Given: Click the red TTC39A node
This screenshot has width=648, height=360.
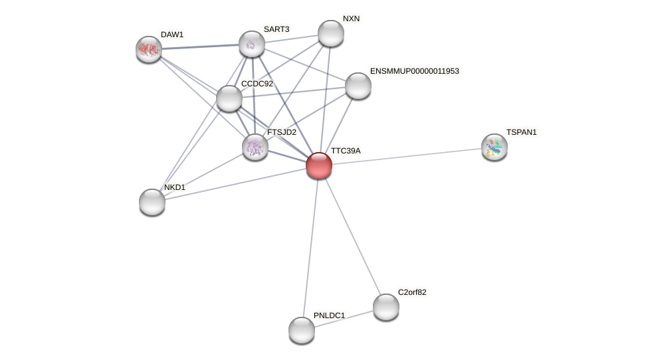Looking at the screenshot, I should pos(319,165).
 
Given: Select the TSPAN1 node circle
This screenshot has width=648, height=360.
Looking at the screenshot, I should pos(494,147).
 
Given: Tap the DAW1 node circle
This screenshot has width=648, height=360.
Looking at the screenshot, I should pos(149,48).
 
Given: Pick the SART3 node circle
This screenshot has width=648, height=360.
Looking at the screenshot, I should pos(252,44).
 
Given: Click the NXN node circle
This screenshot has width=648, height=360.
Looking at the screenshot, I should pos(330,33).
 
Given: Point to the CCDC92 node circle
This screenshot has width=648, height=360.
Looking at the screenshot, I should pos(229,98).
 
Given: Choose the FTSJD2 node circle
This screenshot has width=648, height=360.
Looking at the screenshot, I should pos(255,147).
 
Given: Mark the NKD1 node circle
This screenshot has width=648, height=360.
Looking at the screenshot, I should pos(152,202).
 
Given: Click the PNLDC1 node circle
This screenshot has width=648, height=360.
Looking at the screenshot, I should pos(302,330).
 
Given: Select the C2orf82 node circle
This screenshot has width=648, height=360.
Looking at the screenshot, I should pos(386,307).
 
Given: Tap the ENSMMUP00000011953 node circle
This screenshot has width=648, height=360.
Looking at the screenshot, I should pos(358,86).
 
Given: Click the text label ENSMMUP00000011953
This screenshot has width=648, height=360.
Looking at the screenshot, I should pos(414,71).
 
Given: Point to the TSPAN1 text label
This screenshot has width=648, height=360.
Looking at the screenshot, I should pos(521,132).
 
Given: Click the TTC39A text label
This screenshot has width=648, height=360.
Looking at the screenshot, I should pos(346,151).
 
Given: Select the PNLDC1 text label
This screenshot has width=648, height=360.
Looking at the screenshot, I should pos(329,315).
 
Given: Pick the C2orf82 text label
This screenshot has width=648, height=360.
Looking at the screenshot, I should pos(412,292).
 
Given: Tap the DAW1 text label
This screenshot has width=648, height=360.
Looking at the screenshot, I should pos(172,35).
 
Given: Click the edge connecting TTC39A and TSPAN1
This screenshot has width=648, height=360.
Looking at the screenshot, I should pos(407,156).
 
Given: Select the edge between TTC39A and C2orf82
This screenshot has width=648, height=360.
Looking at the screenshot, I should pos(352,236).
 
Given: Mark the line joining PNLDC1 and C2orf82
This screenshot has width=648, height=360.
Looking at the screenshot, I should pos(344,318).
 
